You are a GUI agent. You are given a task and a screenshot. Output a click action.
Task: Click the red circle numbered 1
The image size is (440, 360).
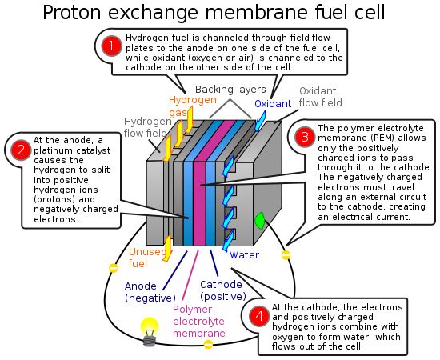pyautogui.click(x=112, y=46)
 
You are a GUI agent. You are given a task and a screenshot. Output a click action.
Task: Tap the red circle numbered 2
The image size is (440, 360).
pyautogui.click(x=21, y=150)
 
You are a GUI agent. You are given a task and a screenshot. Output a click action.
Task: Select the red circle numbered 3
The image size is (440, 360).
pyautogui.click(x=305, y=137)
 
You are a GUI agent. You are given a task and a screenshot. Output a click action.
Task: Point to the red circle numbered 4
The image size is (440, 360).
pyautogui.click(x=259, y=316)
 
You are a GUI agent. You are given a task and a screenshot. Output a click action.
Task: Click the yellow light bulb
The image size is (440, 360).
pyautogui.click(x=150, y=332)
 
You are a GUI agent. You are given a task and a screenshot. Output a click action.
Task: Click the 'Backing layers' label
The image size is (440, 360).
pyautogui.click(x=230, y=90)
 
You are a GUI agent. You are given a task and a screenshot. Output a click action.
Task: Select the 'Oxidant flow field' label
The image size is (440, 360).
pyautogui.click(x=321, y=97)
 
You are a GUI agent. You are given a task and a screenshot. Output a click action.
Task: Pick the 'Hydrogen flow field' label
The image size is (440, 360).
pyautogui.click(x=148, y=127)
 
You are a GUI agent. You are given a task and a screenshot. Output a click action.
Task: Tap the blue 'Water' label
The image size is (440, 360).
pyautogui.click(x=244, y=254)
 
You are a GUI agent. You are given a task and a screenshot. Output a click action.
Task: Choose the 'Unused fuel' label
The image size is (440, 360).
pyautogui.click(x=148, y=258)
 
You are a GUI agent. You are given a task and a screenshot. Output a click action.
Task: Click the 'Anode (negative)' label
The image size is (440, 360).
pyautogui.click(x=150, y=292)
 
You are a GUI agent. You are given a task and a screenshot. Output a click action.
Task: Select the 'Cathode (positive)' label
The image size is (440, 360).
pyautogui.click(x=223, y=290)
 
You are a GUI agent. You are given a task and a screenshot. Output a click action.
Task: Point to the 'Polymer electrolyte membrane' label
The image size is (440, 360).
pyautogui.click(x=199, y=322)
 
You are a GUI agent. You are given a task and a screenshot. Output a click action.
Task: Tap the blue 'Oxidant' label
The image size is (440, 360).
pyautogui.click(x=273, y=104)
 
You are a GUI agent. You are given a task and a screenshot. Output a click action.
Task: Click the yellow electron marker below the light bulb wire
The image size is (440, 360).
pyautogui.click(x=208, y=344)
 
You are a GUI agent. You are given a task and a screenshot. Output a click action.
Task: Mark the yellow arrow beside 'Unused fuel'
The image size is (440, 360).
pyautogui.click(x=168, y=248)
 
